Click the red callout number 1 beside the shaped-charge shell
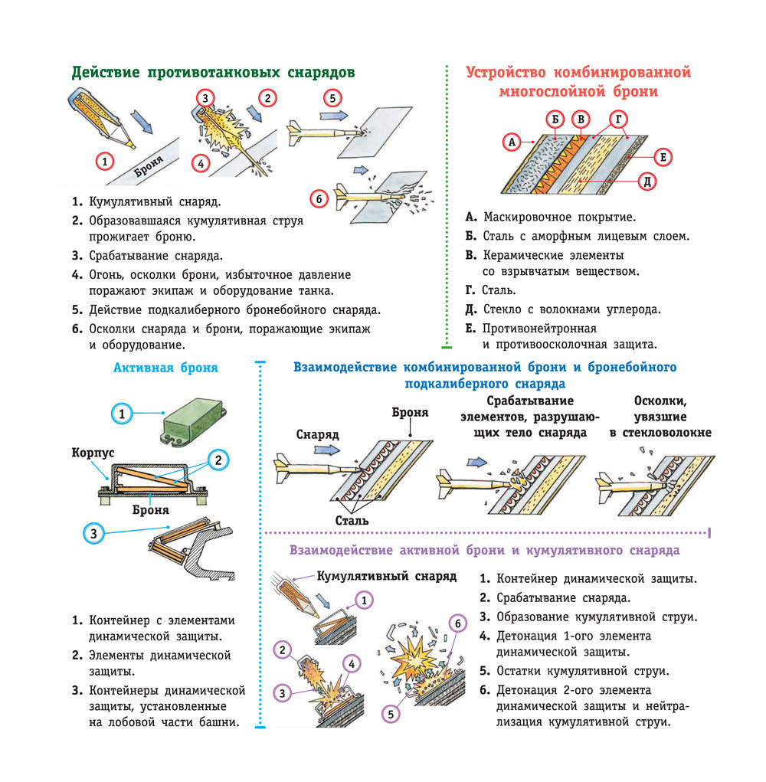(105, 162)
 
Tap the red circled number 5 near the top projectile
(331, 98)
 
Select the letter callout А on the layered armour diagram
(511, 141)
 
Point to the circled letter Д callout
(647, 181)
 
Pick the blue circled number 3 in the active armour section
(93, 533)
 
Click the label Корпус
(93, 453)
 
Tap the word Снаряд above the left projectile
(317, 434)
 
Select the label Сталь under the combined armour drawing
(352, 521)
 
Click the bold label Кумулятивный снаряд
(386, 575)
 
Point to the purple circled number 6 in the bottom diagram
(457, 623)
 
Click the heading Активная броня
(165, 368)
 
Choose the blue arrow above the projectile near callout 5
(330, 113)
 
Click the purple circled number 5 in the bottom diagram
(391, 714)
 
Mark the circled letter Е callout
(664, 157)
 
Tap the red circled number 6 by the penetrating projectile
(319, 199)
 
